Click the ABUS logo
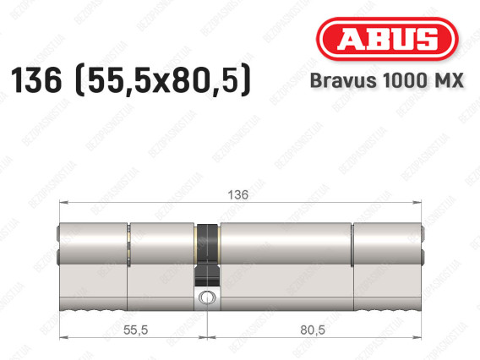[387, 39]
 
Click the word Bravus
[343, 80]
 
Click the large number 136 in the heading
[36, 80]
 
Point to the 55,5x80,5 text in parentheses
[163, 81]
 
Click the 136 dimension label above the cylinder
[237, 194]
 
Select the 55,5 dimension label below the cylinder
[135, 330]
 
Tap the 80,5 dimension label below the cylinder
[313, 330]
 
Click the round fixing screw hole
[207, 297]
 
